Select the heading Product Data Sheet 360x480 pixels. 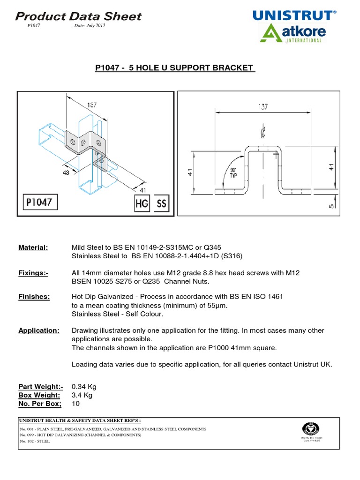click(x=78, y=16)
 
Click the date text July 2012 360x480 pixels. click(x=90, y=26)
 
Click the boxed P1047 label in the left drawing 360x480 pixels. click(x=41, y=203)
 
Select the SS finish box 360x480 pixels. click(x=161, y=203)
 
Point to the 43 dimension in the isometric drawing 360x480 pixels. click(x=66, y=172)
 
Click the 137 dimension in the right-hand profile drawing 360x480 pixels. click(x=262, y=106)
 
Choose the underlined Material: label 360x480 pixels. click(x=33, y=247)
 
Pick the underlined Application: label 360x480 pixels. click(x=39, y=330)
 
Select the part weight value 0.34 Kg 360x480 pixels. click(x=84, y=387)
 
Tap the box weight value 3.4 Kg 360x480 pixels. click(x=82, y=395)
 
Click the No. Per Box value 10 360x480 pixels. click(x=75, y=403)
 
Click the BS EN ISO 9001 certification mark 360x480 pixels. click(x=312, y=431)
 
